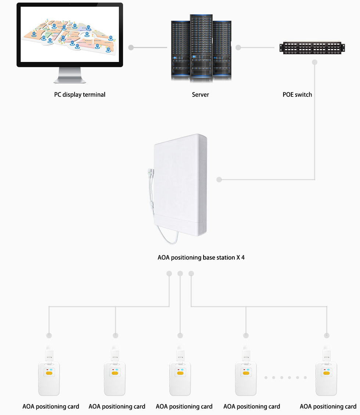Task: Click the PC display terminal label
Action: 80,95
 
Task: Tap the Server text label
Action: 200,95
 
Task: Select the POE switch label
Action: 297,95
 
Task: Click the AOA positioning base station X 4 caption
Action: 201,258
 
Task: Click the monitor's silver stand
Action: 70,75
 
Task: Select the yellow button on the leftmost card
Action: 49,373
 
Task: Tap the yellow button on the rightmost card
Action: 326,373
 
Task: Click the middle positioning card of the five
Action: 180,378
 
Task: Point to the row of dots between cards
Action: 285,377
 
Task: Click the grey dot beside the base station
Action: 219,180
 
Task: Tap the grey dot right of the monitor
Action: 130,48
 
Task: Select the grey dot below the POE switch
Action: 314,62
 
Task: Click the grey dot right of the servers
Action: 238,48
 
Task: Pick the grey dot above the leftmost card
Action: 49,336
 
